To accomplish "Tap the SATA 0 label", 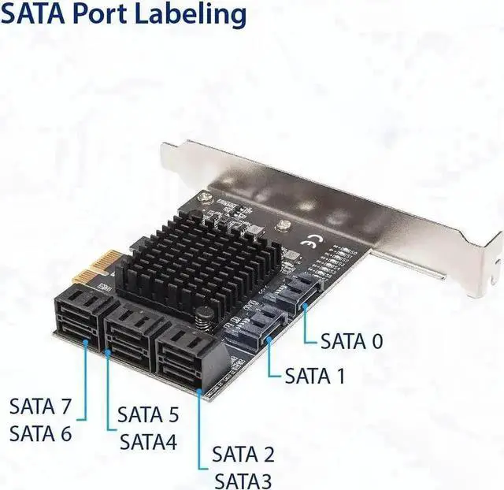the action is click(x=352, y=341).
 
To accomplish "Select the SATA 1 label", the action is click(x=315, y=376).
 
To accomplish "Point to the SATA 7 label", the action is click(x=40, y=407).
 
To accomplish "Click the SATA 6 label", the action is click(x=40, y=433).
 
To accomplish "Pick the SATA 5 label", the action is click(x=148, y=414).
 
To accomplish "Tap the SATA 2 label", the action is click(x=243, y=455).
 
